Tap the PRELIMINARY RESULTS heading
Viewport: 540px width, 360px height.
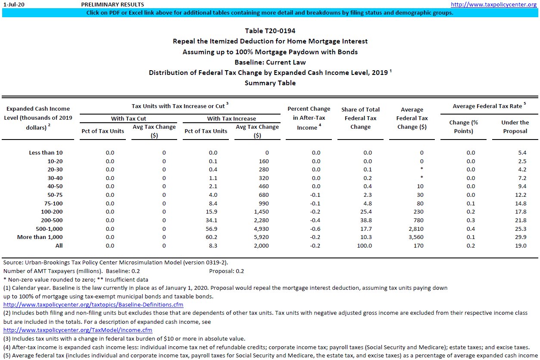click(x=112, y=4)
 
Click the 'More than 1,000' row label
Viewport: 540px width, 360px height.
click(x=40, y=237)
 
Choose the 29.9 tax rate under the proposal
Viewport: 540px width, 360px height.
click(x=521, y=237)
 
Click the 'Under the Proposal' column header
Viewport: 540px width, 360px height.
click(x=515, y=127)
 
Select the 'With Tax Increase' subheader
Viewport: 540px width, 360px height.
click(x=231, y=118)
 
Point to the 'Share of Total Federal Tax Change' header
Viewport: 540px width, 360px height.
click(x=360, y=118)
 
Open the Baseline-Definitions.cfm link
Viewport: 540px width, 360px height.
click(x=93, y=305)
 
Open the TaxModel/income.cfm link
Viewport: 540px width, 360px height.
click(x=78, y=330)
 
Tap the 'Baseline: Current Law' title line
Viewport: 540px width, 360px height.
click(x=270, y=62)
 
